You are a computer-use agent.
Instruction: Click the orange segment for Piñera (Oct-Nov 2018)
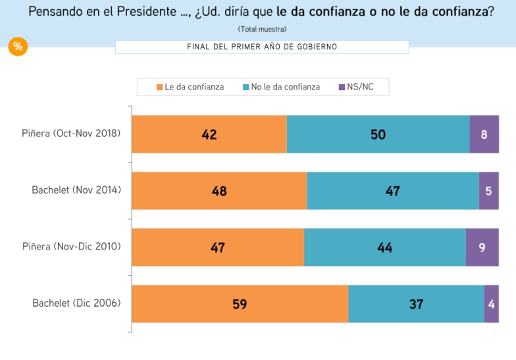(209, 134)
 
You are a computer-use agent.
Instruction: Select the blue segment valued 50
(378, 134)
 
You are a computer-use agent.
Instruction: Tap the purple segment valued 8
(484, 134)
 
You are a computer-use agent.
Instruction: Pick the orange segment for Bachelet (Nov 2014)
(219, 191)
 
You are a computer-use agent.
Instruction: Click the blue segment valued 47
(392, 191)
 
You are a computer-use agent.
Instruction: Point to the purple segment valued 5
(488, 191)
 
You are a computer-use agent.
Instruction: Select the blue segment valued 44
(384, 247)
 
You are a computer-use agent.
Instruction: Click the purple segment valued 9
(482, 247)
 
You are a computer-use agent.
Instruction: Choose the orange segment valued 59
(240, 304)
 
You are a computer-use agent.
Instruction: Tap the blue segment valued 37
(416, 304)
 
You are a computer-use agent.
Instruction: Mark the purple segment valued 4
(491, 304)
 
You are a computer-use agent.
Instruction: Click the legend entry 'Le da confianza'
(190, 87)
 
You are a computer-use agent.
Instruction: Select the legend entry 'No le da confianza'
(281, 87)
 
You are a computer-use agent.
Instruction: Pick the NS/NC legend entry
(356, 87)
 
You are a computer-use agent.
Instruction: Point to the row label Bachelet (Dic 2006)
(76, 303)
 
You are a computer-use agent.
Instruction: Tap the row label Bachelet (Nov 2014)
(76, 190)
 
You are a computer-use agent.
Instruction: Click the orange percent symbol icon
(18, 46)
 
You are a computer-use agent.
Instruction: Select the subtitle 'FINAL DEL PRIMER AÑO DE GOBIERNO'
(262, 47)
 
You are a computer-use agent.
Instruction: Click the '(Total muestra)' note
(262, 29)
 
